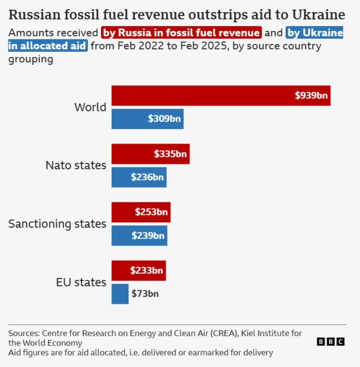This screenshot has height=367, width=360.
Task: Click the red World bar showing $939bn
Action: point(220,95)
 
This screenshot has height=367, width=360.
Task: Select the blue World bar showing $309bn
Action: point(147,119)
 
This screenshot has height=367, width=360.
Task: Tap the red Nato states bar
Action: point(150,154)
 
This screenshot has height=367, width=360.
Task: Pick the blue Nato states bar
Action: point(139,177)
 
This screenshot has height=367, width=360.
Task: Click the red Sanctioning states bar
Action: point(141,212)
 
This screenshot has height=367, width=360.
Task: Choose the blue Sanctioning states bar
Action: point(139,236)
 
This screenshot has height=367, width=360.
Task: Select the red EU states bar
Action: point(138,271)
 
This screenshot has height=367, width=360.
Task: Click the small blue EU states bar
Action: point(120,294)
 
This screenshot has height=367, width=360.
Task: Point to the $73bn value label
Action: point(145,294)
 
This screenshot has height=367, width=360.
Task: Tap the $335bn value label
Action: point(170,154)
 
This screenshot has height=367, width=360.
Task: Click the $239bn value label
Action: point(148,236)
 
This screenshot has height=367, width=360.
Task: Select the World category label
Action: point(90,107)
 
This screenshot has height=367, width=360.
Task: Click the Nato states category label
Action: point(76,165)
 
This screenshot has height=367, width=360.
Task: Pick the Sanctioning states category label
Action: point(57,224)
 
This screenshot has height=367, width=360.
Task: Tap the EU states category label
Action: point(81,283)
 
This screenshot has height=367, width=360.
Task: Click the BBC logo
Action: point(330,342)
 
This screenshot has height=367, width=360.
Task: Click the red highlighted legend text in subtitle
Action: point(182,33)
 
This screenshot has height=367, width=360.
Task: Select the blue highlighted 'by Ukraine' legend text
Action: point(314,33)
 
